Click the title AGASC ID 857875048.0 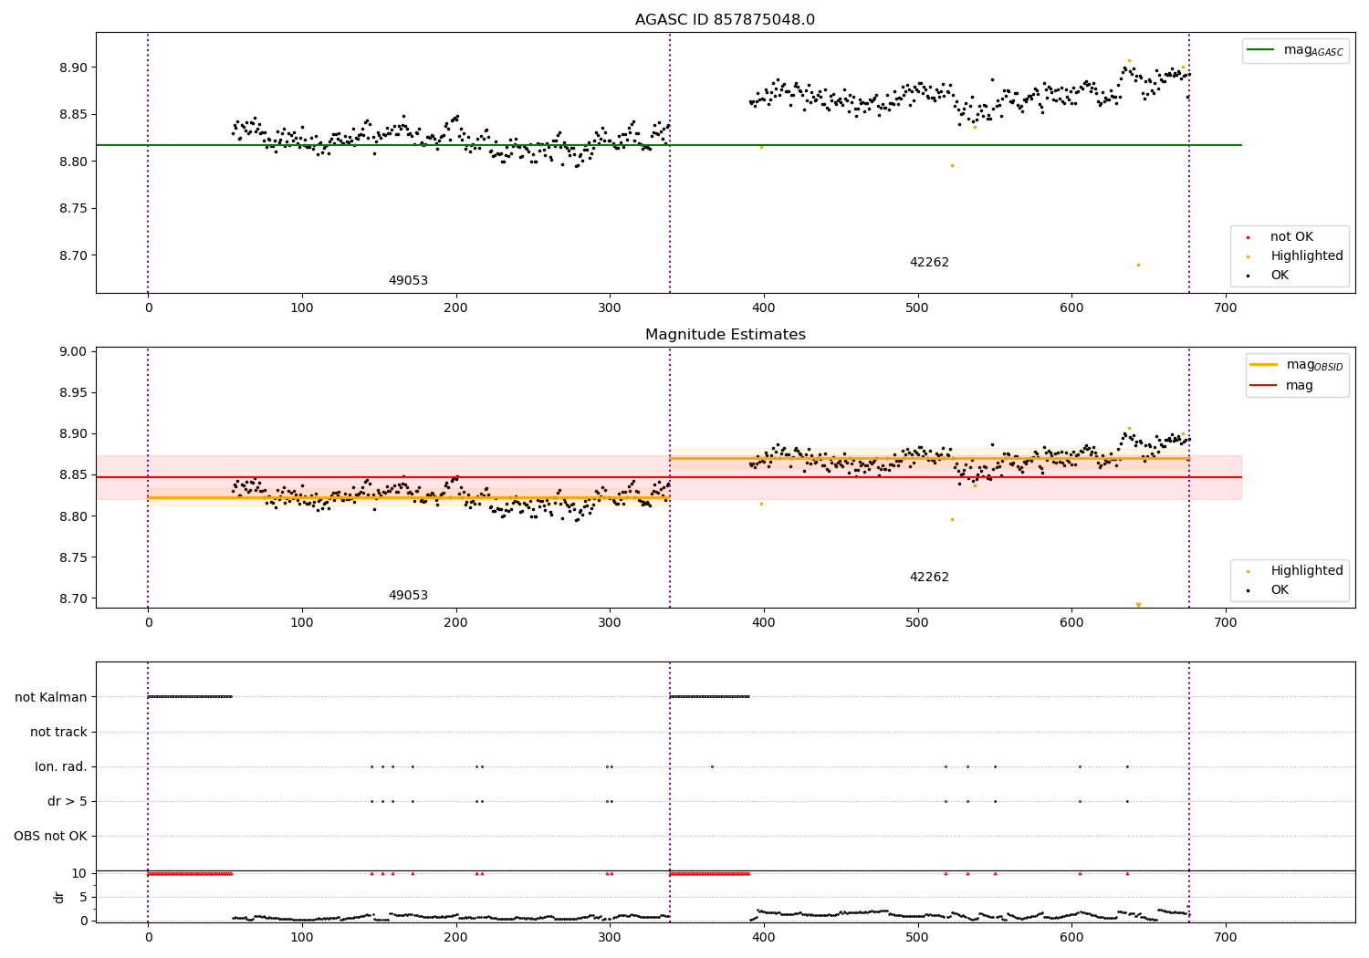point(725,20)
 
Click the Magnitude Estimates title point(725,335)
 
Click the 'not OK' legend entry point(1291,237)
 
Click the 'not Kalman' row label point(51,697)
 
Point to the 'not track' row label point(58,732)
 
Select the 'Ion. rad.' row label point(61,766)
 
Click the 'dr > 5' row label point(68,801)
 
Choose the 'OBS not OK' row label point(50,836)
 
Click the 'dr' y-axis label point(59,897)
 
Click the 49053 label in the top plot point(408,281)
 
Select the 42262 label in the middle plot point(929,578)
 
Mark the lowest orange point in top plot point(1138,265)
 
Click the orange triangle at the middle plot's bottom point(1138,604)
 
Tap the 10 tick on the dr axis point(79,873)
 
